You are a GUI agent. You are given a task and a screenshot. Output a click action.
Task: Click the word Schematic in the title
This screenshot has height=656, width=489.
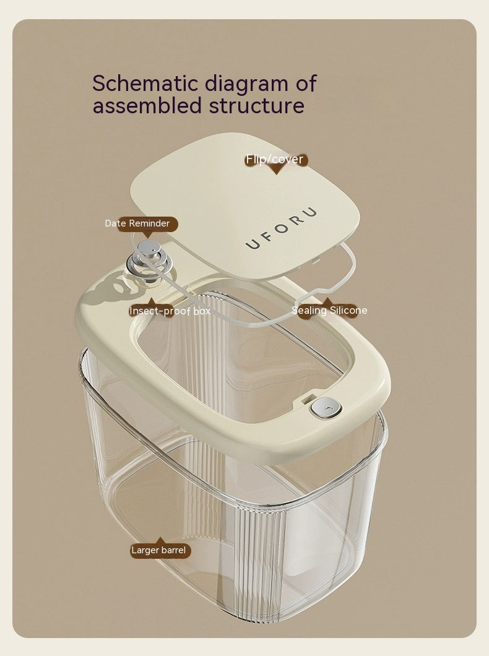click(x=145, y=83)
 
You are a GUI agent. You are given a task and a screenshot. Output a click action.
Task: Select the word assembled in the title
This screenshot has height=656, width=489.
click(x=147, y=105)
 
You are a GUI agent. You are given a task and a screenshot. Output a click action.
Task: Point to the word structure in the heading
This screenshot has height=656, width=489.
click(x=257, y=105)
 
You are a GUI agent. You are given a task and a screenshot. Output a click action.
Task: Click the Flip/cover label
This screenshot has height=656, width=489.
click(x=275, y=160)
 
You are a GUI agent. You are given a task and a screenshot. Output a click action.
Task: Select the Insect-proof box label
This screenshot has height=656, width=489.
click(x=169, y=311)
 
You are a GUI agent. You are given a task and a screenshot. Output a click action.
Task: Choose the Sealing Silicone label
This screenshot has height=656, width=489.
click(x=330, y=311)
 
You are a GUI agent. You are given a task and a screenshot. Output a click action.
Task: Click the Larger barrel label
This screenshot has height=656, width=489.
click(x=158, y=550)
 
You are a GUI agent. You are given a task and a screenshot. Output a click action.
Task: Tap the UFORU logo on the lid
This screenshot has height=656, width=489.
click(x=281, y=228)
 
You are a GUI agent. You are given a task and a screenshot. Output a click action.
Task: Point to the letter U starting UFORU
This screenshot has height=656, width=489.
click(x=253, y=244)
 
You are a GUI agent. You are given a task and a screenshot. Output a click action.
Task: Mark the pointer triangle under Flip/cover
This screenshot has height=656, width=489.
click(x=275, y=170)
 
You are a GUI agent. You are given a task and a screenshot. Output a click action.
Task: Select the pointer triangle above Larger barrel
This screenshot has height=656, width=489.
click(x=160, y=540)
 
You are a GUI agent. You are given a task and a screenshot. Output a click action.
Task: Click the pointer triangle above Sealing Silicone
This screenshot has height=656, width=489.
click(x=327, y=301)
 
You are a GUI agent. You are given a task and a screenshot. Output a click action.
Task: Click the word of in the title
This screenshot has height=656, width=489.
click(x=306, y=83)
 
